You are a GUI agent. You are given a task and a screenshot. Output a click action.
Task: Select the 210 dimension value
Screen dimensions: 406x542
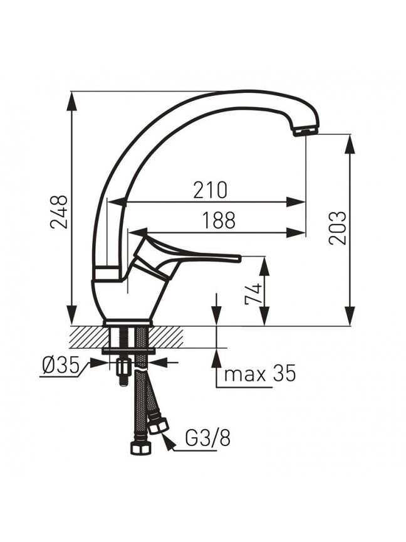point(211,190)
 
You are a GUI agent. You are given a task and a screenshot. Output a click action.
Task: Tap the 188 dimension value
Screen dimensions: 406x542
point(219,220)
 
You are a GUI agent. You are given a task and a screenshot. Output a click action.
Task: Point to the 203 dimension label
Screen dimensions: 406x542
point(337,228)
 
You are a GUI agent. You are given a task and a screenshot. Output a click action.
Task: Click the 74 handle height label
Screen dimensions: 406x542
point(253,294)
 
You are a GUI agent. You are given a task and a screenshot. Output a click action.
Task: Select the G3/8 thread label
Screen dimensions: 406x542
point(208,438)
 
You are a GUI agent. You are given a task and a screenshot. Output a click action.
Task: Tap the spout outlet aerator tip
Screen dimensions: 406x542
point(305,132)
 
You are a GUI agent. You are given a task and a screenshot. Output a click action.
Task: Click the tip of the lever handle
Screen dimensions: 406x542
point(239,258)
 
